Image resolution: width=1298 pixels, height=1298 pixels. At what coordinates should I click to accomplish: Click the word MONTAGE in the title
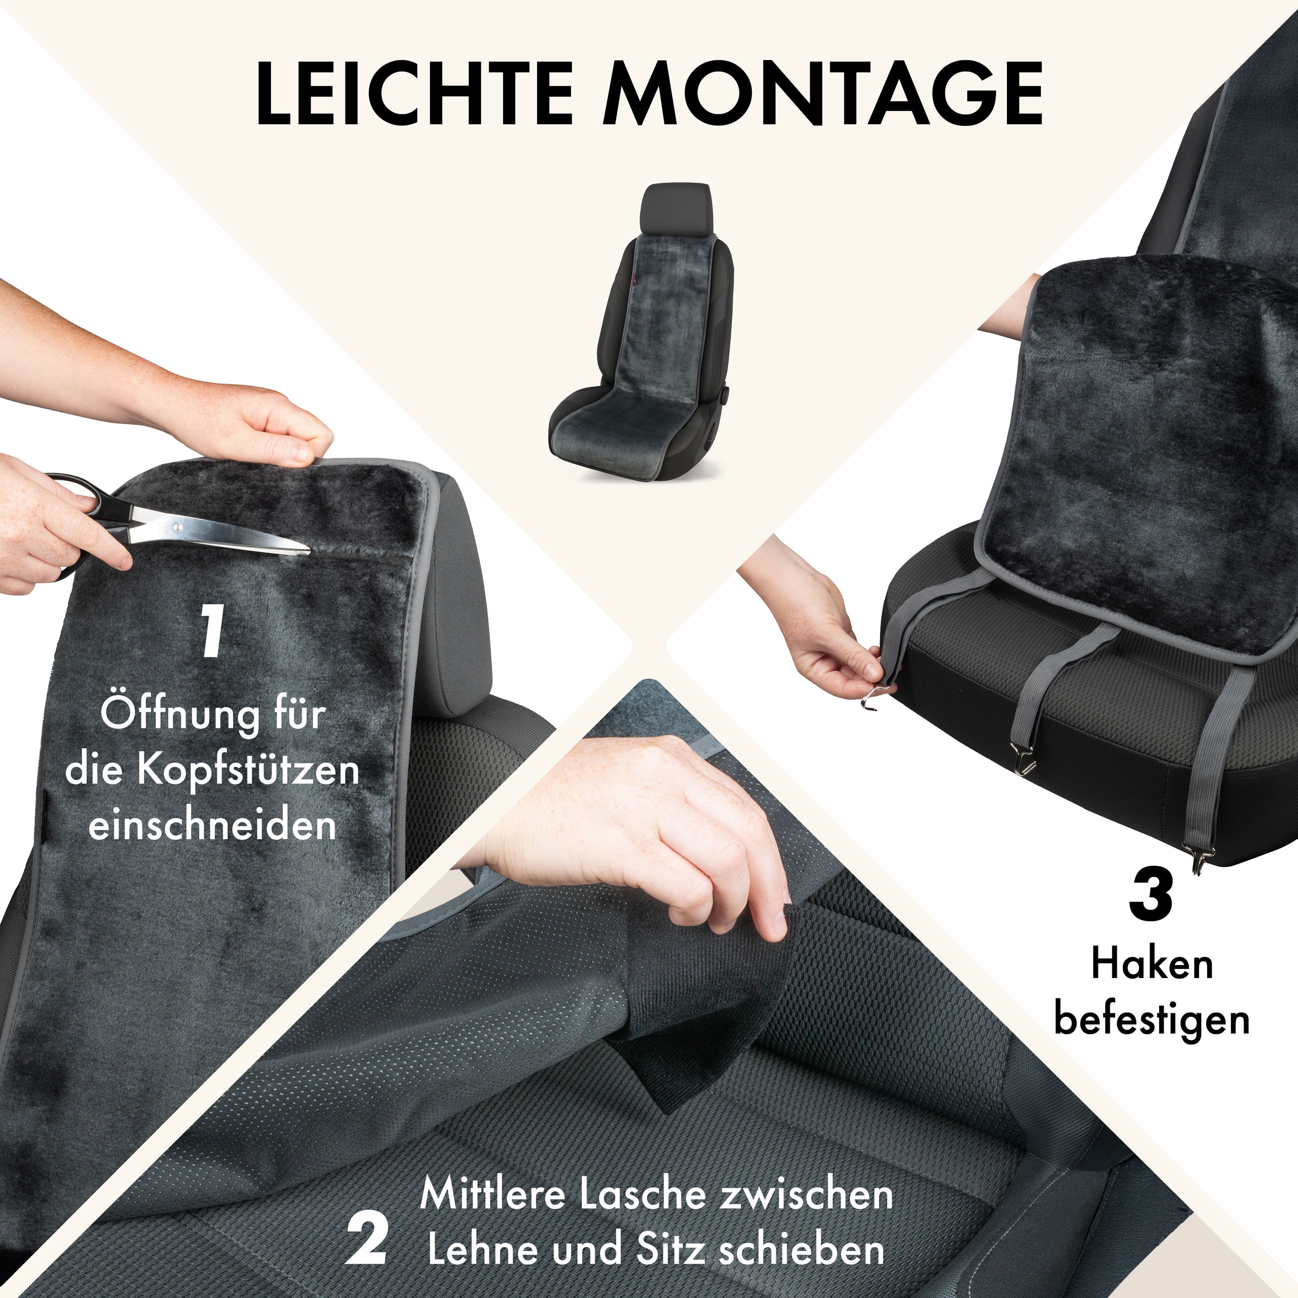click(x=822, y=94)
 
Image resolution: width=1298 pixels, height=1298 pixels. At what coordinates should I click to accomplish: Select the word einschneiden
click(x=212, y=825)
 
